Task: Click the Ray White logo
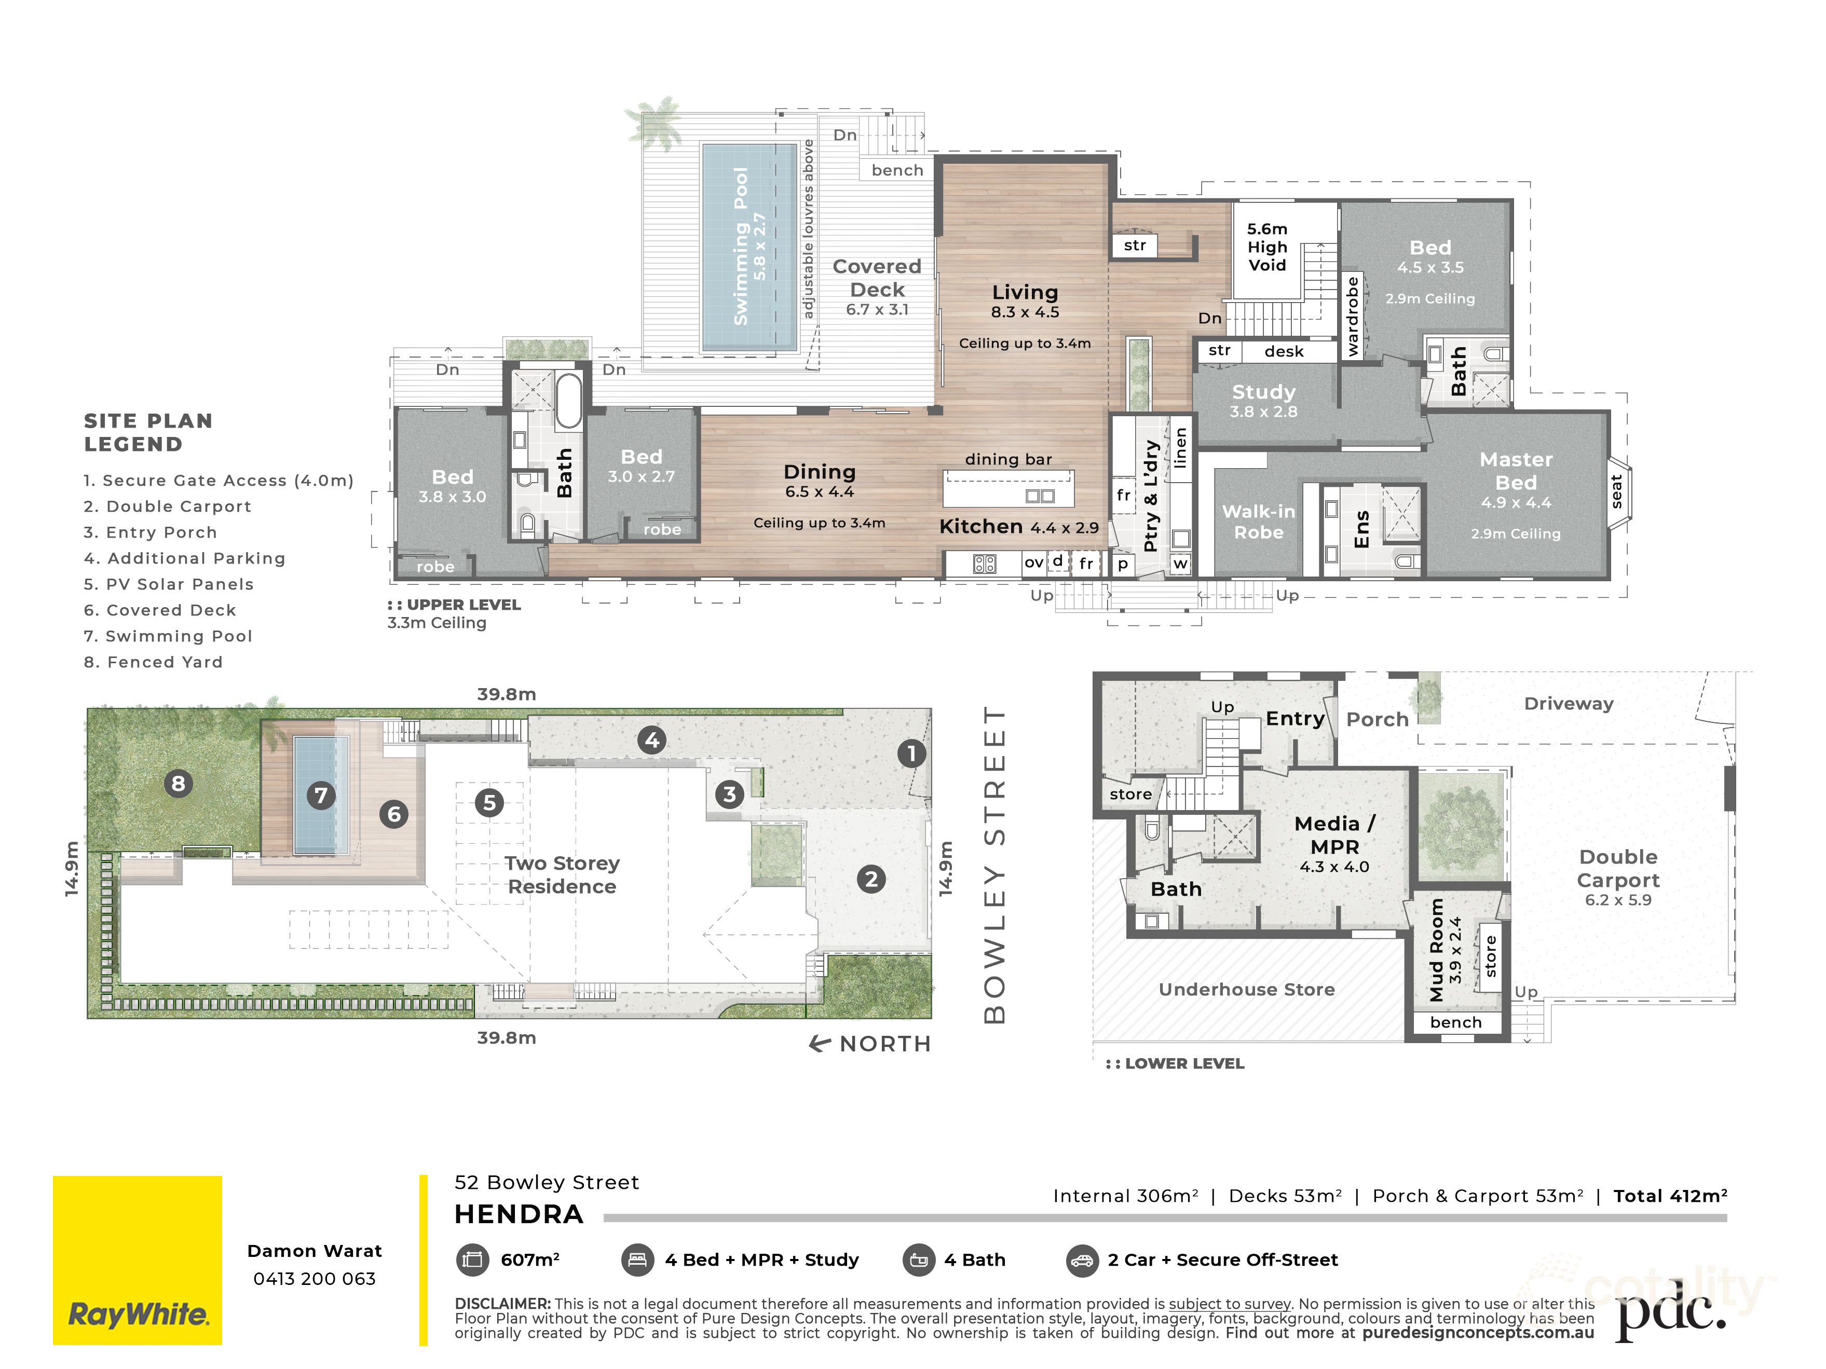pyautogui.click(x=137, y=1260)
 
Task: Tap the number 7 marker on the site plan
pyautogui.click(x=321, y=796)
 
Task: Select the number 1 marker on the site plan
pyautogui.click(x=911, y=754)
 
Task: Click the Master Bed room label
pyautogui.click(x=1516, y=470)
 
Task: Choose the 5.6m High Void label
pyautogui.click(x=1267, y=247)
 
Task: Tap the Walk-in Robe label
pyautogui.click(x=1259, y=522)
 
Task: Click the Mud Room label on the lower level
pyautogui.click(x=1436, y=950)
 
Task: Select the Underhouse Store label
pyautogui.click(x=1247, y=990)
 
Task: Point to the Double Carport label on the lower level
pyautogui.click(x=1618, y=868)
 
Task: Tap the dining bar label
pyautogui.click(x=1009, y=460)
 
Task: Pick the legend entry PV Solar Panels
pyautogui.click(x=168, y=584)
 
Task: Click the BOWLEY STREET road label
pyautogui.click(x=994, y=865)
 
